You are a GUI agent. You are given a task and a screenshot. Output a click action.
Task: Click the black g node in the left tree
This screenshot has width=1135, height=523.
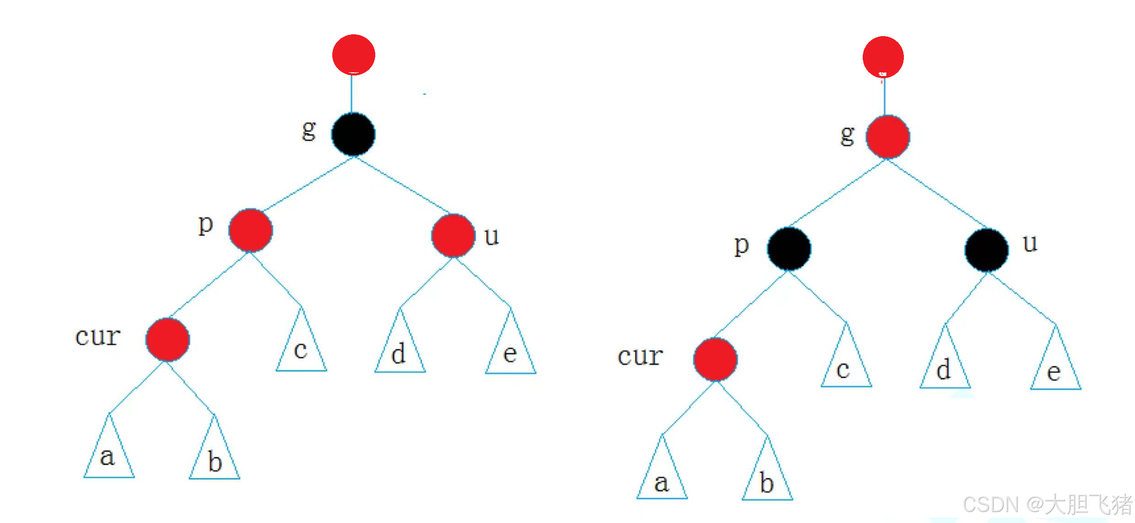click(353, 135)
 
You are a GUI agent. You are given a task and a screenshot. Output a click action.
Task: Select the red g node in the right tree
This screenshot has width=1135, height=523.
click(888, 137)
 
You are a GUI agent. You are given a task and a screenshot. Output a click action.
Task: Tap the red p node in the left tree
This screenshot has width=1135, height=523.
click(251, 230)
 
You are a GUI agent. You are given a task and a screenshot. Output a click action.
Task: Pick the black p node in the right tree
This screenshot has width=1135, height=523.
click(789, 248)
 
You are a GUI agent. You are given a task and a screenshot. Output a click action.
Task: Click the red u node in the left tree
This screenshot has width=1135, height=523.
click(453, 235)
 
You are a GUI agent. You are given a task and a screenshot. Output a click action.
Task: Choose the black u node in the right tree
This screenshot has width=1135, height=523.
click(987, 250)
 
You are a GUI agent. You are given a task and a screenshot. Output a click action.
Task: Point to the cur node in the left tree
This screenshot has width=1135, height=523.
click(168, 340)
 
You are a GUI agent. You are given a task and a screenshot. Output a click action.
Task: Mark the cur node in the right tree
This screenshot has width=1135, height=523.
click(715, 359)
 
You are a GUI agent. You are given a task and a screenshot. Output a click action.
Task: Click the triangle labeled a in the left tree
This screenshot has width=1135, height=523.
click(109, 453)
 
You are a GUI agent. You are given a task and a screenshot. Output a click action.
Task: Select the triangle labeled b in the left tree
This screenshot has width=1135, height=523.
click(214, 455)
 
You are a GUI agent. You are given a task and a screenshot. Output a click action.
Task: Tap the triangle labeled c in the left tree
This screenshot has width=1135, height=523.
click(301, 348)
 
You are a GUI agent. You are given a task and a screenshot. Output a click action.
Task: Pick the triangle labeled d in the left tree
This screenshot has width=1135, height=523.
click(400, 349)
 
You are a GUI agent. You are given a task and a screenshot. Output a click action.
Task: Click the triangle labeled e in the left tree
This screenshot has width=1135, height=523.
click(510, 350)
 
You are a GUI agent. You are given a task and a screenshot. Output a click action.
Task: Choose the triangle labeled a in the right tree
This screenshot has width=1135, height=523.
click(662, 476)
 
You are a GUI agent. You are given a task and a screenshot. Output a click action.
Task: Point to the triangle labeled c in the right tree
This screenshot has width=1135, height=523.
click(846, 364)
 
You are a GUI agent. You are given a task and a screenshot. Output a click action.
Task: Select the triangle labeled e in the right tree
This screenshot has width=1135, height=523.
click(1055, 366)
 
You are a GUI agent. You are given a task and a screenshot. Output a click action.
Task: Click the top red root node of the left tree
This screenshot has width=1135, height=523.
click(354, 54)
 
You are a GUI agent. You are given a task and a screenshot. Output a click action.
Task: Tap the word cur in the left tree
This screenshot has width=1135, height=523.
click(98, 337)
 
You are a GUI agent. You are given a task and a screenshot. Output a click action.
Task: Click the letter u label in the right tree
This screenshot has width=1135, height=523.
click(1030, 243)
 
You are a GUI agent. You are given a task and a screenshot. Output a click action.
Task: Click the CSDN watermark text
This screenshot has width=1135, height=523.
click(1046, 504)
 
